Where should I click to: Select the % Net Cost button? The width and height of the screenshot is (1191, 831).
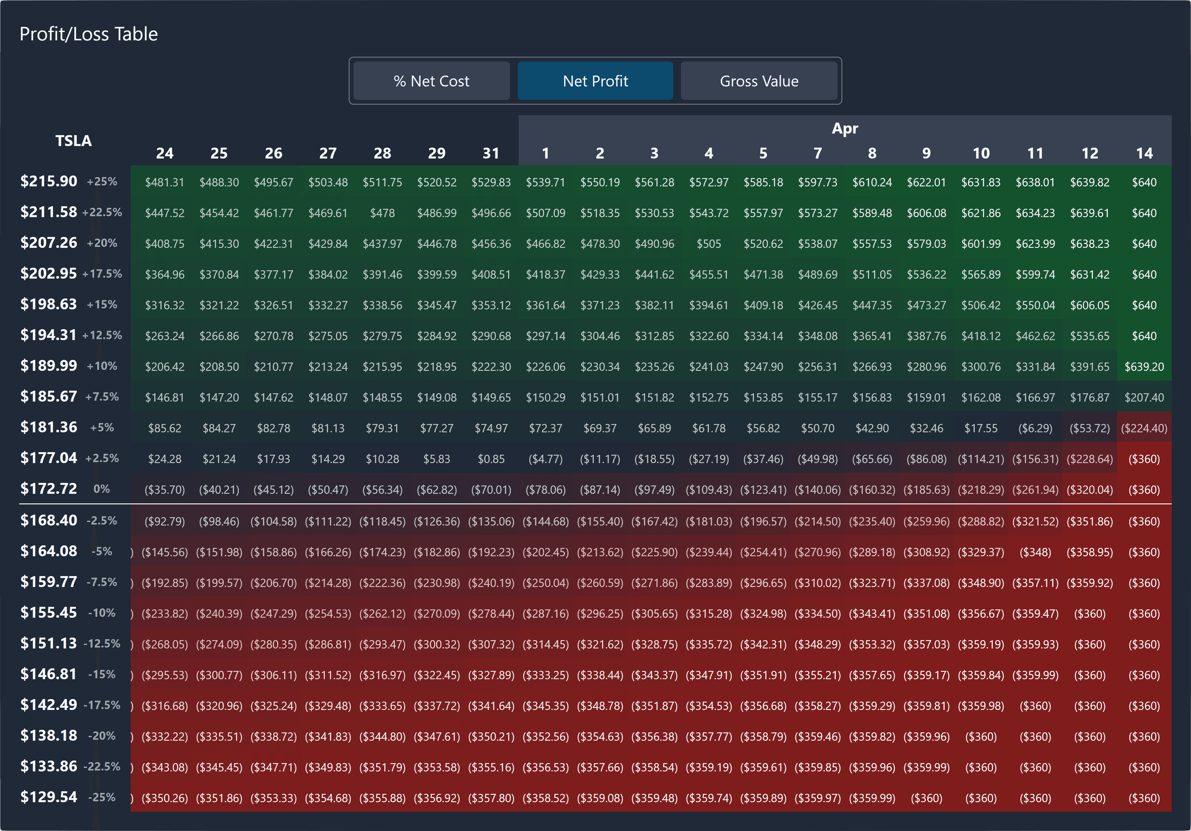coord(431,81)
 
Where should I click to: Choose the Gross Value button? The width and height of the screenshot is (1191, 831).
coord(759,81)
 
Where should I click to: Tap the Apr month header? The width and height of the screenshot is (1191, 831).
coord(845,128)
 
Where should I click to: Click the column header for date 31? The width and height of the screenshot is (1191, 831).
coord(491,153)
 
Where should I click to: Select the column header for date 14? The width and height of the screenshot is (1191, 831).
coord(1144,153)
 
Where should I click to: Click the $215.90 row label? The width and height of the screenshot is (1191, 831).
coord(49,181)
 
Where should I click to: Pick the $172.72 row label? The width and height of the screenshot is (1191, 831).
coord(49,489)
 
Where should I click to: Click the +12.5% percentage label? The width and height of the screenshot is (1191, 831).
coord(102,335)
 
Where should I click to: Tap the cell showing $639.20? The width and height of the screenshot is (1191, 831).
coord(1144,367)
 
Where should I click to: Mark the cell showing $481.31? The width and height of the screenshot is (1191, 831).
coord(165,183)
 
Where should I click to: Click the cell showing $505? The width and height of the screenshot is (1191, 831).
coord(709,244)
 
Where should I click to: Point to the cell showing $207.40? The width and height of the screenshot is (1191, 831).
coord(1144,397)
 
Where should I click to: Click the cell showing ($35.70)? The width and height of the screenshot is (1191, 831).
coord(165,490)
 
